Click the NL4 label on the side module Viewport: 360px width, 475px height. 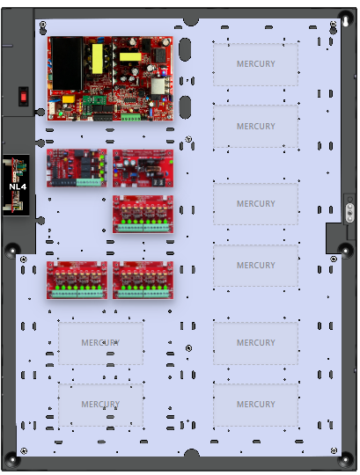(18, 186)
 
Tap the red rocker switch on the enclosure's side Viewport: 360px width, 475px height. (24, 97)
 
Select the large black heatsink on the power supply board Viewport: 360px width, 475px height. (66, 63)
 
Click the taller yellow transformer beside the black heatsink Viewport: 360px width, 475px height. (98, 59)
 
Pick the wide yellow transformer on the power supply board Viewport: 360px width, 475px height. (130, 56)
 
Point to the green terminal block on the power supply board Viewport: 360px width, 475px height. (131, 117)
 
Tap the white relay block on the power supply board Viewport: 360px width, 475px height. (158, 85)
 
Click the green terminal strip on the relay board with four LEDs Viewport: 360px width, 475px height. (89, 182)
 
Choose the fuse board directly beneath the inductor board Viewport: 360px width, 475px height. (143, 214)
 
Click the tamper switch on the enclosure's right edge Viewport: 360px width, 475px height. (349, 209)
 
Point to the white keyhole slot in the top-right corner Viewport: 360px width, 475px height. (345, 21)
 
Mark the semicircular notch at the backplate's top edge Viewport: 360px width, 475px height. (191, 21)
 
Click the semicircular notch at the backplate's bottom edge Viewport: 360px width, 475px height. (192, 453)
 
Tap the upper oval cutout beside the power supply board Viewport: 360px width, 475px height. (185, 49)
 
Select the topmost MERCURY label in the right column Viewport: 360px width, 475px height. (256, 64)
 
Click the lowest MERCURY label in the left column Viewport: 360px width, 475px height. (100, 404)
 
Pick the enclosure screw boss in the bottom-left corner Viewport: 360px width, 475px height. (12, 461)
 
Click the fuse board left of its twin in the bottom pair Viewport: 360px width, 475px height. (77, 281)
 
